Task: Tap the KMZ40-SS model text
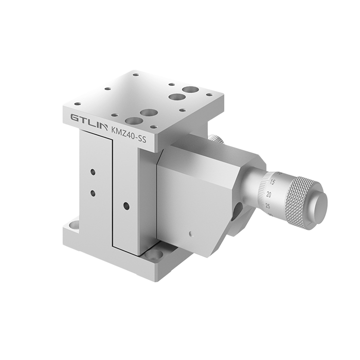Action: click(x=129, y=135)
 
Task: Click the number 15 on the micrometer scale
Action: click(x=272, y=183)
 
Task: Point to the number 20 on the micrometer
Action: click(x=269, y=195)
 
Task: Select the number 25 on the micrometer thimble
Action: click(x=267, y=206)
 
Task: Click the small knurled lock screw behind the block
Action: click(x=215, y=139)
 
